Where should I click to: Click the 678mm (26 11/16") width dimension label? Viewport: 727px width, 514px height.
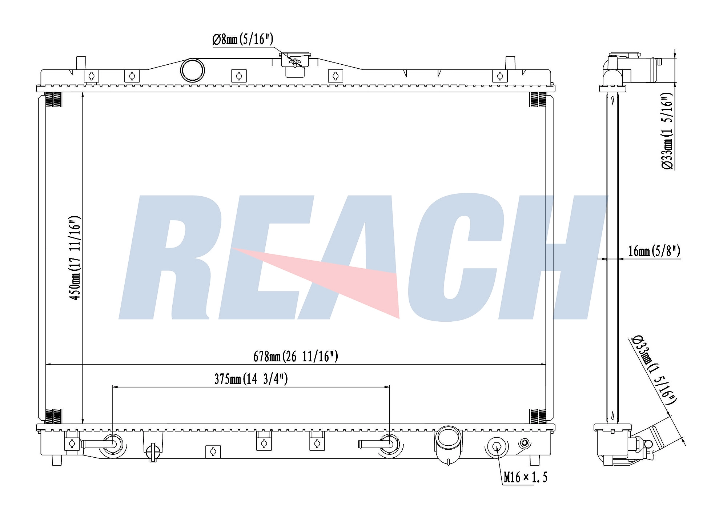coord(296,356)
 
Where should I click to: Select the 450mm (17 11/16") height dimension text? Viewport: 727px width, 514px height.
coord(75,258)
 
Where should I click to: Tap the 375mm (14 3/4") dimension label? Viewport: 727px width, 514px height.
coord(251,379)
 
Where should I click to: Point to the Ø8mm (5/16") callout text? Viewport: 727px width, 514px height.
coord(242,39)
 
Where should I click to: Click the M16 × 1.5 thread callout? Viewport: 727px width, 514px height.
coord(525,477)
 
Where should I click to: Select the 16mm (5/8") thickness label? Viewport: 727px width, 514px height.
coord(654,251)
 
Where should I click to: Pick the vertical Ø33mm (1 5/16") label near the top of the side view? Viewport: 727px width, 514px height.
coord(667,131)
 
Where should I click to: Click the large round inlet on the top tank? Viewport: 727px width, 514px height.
coord(192,70)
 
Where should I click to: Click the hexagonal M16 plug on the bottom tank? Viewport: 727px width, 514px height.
coord(496,447)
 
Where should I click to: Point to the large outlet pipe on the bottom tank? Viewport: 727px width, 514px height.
coord(448,442)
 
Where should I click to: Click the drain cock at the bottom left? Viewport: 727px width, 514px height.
coord(153,452)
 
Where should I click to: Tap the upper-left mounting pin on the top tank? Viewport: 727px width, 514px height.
coord(81,63)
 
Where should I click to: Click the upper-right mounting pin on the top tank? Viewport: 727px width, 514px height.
coord(510,63)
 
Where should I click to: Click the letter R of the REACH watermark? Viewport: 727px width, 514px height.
coord(171,258)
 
